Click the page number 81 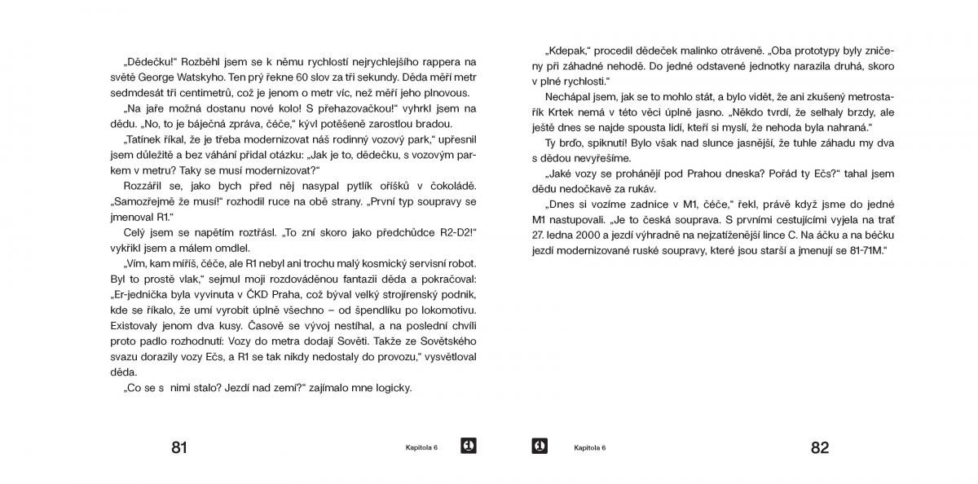tap(179, 447)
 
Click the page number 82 tap(819, 447)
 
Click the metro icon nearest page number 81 tap(468, 446)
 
